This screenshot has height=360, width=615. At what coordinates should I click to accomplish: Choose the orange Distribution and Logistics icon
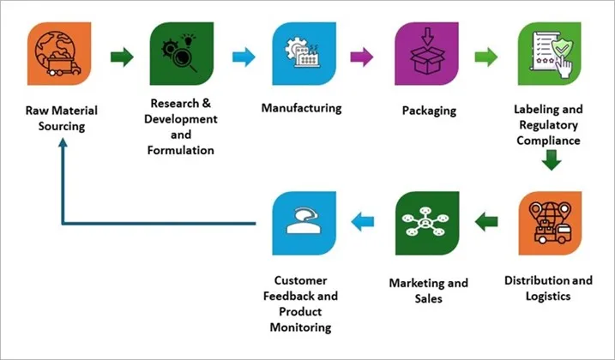(549, 221)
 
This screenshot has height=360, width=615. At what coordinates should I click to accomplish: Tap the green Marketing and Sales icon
(426, 221)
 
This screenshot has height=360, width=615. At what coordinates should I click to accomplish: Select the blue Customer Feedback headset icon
(301, 221)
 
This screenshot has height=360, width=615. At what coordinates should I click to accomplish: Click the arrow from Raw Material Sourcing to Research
(123, 58)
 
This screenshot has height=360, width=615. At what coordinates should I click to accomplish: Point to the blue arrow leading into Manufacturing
(244, 58)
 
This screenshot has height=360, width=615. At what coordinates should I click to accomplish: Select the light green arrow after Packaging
(487, 58)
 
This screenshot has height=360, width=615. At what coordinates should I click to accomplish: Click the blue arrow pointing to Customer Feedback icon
(365, 222)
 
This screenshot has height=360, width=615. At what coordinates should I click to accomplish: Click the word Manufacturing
(301, 109)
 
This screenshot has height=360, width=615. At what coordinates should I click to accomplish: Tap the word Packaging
(428, 111)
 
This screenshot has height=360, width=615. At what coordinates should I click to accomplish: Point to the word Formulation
(179, 149)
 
